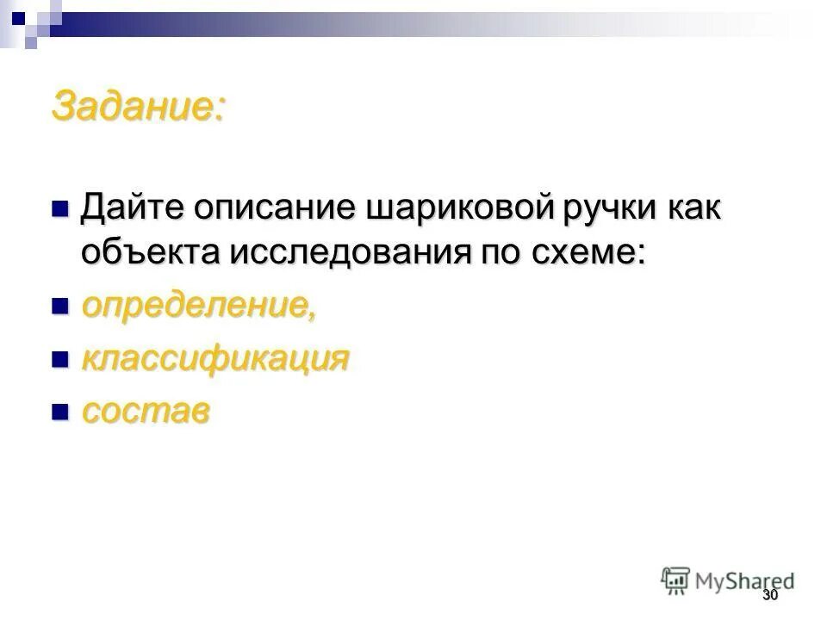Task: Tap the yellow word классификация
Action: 215,359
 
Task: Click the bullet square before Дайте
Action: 59,208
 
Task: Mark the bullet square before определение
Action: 59,306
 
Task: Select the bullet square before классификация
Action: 59,358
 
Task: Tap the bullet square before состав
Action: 59,411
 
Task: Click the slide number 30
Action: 769,598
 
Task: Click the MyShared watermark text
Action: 745,581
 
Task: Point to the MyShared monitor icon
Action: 675,580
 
